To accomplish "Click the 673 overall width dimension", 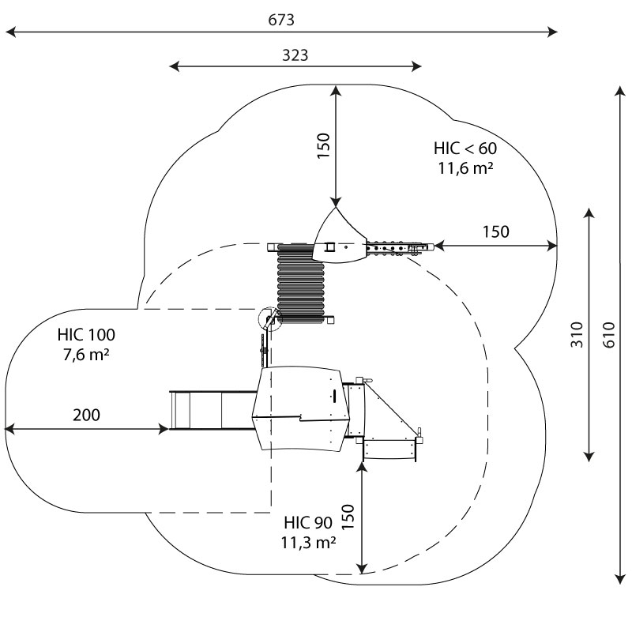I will (x=287, y=20).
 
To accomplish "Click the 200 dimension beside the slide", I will (x=86, y=415).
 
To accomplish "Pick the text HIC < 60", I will (x=465, y=148).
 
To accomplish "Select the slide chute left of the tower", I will (x=210, y=411).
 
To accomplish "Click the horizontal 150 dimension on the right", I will (x=495, y=231).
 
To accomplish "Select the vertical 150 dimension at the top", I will (x=324, y=145).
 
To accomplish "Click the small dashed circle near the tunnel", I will (x=269, y=318).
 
